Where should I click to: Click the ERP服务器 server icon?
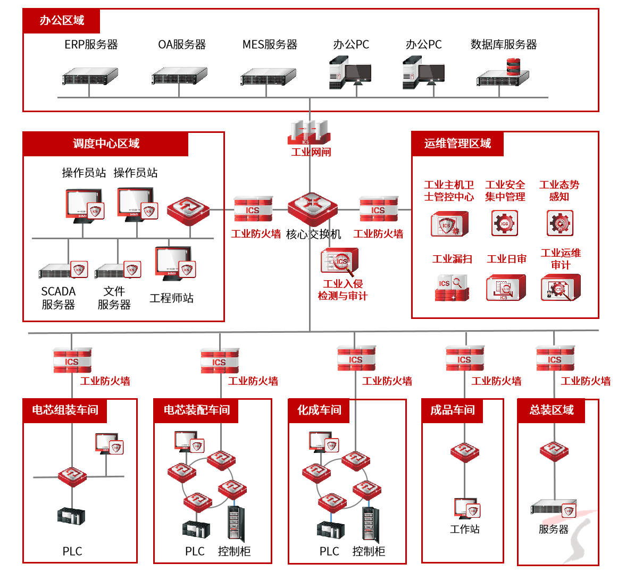(90, 77)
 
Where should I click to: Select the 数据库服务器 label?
(504, 45)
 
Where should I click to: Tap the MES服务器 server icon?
(268, 77)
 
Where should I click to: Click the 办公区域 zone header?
(62, 21)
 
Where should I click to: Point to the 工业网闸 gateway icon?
(308, 132)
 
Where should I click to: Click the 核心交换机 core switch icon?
(312, 209)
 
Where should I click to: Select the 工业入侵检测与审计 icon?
(340, 262)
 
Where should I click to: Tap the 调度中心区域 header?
(106, 144)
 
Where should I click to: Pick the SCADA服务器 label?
(59, 298)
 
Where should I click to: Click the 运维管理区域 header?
(457, 144)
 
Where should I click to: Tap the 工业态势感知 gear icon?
(560, 223)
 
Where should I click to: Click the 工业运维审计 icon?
(560, 288)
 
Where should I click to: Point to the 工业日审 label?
(506, 259)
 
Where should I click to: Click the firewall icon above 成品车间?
(465, 358)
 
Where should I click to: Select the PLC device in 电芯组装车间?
(72, 516)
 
